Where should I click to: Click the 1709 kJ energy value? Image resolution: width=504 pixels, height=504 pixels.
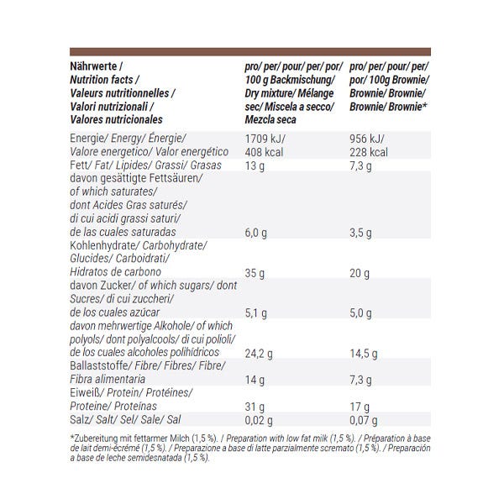click(x=265, y=139)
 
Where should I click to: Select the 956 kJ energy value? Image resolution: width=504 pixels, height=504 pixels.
click(x=367, y=139)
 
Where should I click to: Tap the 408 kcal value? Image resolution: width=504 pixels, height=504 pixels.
click(x=264, y=152)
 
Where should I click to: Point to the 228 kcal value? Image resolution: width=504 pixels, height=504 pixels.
click(x=369, y=152)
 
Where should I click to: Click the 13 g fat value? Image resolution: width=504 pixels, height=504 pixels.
click(x=255, y=166)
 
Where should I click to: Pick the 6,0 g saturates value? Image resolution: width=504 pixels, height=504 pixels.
click(x=256, y=233)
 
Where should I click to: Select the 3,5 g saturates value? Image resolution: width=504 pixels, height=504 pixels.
click(x=360, y=233)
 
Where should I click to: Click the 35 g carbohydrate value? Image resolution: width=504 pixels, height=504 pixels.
click(x=255, y=273)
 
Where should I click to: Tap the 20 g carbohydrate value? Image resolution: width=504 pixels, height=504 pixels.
click(x=360, y=273)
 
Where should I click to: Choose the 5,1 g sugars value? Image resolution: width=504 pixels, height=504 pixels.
click(x=256, y=313)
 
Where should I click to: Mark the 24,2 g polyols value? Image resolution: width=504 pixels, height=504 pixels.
click(x=259, y=354)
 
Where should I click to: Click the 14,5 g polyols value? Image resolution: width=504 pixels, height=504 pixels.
click(x=364, y=354)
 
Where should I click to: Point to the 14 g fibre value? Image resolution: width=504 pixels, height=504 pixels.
click(x=255, y=381)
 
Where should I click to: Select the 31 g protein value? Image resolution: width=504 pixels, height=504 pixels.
click(x=255, y=407)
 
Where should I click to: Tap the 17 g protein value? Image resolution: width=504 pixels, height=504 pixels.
click(x=360, y=407)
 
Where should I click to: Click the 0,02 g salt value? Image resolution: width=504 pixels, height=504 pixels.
click(x=259, y=421)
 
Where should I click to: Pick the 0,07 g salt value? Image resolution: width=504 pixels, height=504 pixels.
click(x=364, y=421)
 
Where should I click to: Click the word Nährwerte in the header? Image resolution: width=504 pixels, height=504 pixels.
click(x=93, y=66)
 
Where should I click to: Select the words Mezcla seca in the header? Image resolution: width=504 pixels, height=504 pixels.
click(x=270, y=120)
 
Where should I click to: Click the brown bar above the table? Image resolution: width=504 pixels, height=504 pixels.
click(x=250, y=52)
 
